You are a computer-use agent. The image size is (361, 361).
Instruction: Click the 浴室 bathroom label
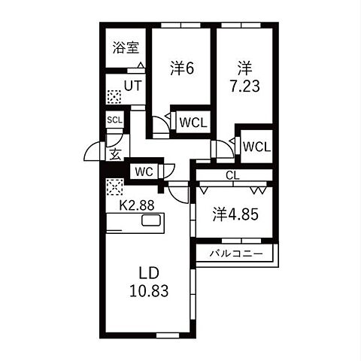pyautogui.click(x=126, y=47)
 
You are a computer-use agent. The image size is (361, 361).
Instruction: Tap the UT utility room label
pyautogui.click(x=133, y=86)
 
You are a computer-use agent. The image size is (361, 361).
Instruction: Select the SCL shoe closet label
pyautogui.click(x=114, y=120)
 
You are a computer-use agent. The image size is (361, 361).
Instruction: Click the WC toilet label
pyautogui.click(x=144, y=172)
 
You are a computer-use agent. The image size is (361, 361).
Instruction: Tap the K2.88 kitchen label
pyautogui.click(x=137, y=205)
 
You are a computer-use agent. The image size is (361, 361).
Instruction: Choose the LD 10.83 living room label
pyautogui.click(x=149, y=282)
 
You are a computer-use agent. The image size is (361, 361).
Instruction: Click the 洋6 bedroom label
pyautogui.click(x=182, y=68)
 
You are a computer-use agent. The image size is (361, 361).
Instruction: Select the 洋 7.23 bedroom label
pyautogui.click(x=244, y=77)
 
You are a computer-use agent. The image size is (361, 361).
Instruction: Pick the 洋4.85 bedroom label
pyautogui.click(x=235, y=214)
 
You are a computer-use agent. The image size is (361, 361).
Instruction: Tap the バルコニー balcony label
pyautogui.click(x=236, y=254)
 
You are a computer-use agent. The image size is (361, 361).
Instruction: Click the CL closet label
pyautogui.click(x=232, y=175)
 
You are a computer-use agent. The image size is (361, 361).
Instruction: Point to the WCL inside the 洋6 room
pyautogui.click(x=193, y=123)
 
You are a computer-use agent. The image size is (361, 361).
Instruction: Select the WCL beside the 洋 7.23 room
pyautogui.click(x=257, y=147)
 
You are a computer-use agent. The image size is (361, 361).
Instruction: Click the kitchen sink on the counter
pyautogui.click(x=151, y=220)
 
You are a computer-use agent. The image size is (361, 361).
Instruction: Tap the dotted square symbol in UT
pyautogui.click(x=114, y=97)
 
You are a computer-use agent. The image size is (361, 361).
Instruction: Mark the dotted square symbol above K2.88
pyautogui.click(x=114, y=187)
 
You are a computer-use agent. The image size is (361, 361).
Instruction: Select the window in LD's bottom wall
pyautogui.click(x=168, y=335)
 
